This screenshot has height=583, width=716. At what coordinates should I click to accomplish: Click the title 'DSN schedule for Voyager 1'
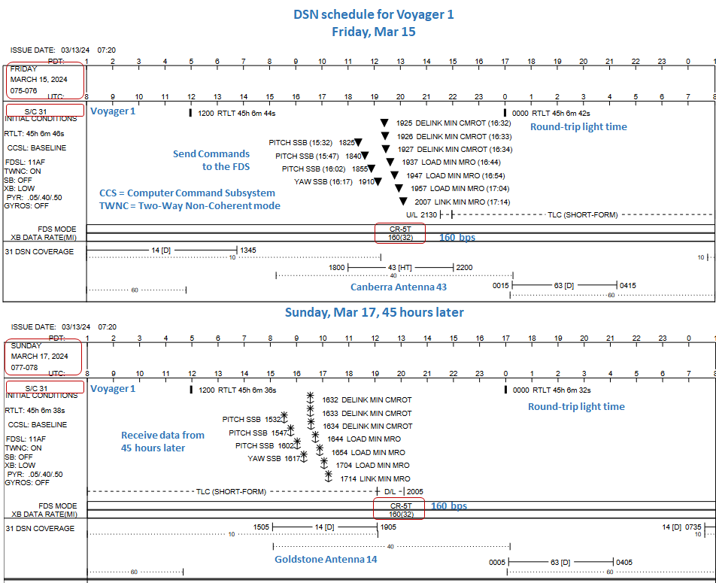tap(373, 14)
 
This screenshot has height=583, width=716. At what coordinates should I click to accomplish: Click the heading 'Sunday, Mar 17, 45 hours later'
tap(374, 312)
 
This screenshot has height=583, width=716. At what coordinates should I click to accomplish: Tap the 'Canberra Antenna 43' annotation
tap(399, 287)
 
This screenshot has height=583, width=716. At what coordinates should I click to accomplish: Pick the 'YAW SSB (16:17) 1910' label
tap(334, 181)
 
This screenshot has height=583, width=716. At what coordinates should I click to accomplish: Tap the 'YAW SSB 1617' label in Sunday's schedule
tap(274, 458)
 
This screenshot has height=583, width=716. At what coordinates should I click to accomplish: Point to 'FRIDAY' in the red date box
tap(23, 68)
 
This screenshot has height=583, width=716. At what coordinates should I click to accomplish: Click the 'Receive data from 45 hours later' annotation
tap(162, 442)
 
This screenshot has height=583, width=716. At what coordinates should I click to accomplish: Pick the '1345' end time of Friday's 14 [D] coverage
tap(248, 250)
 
